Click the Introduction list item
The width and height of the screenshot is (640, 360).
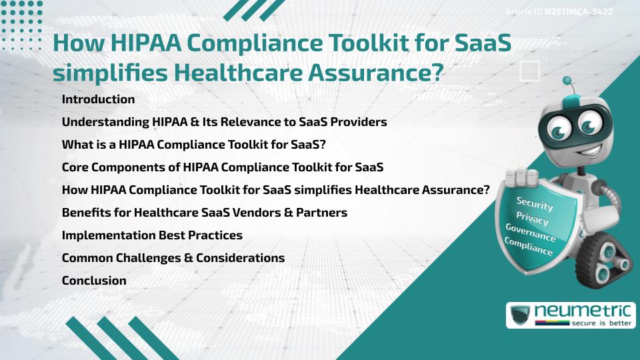tap(98, 99)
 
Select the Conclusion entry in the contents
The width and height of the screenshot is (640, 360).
tap(94, 281)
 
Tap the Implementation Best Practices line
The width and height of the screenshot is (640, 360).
tap(152, 235)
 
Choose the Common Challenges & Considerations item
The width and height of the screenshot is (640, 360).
tap(173, 258)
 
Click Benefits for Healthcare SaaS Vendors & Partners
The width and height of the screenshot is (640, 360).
tap(204, 213)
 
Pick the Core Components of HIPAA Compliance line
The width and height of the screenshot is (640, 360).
tap(222, 167)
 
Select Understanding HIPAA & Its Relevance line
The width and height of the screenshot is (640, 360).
tap(224, 123)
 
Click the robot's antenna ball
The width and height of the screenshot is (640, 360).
tap(567, 81)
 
